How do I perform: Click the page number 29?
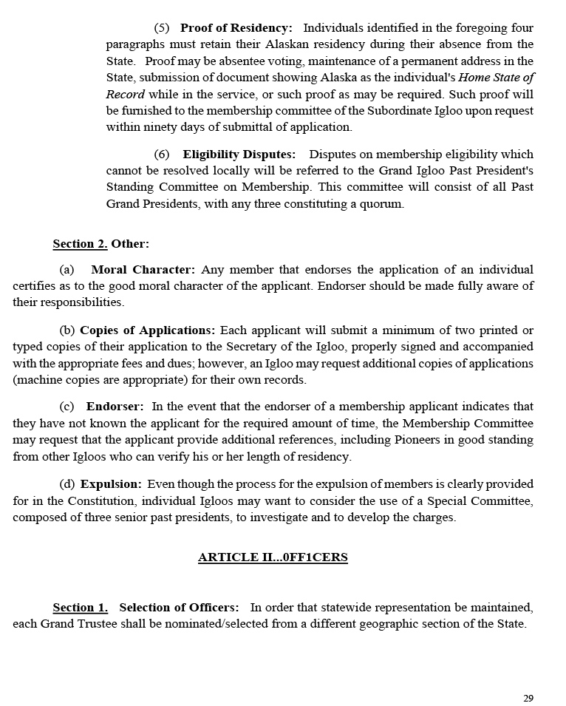click(528, 698)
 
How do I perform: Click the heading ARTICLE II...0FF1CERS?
click(273, 557)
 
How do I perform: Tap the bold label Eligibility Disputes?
click(239, 155)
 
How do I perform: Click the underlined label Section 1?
click(80, 608)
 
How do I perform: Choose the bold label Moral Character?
click(143, 270)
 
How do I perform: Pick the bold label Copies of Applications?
click(148, 330)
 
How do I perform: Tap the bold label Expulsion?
click(111, 484)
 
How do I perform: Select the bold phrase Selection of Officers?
click(179, 608)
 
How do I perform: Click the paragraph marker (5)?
click(161, 28)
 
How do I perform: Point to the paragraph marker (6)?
click(161, 155)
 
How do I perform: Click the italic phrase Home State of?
click(497, 78)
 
